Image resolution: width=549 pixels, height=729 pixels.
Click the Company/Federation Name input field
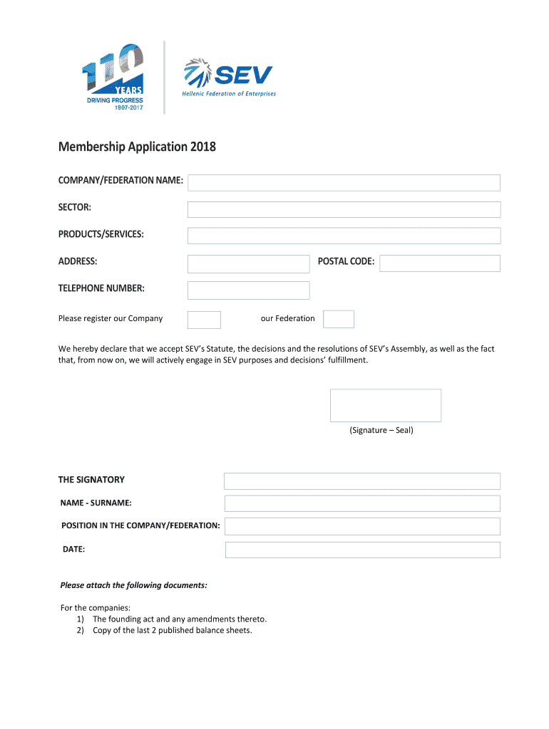344,183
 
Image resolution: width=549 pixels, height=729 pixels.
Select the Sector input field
344,209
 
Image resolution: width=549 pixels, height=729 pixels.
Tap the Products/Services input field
344,236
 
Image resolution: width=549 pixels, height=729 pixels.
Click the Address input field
248,263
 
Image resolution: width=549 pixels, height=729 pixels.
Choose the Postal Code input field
439,263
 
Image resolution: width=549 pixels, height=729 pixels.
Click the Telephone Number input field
248,290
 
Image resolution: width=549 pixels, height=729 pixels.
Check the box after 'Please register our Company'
204,319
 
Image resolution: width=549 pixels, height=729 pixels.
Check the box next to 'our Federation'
338,319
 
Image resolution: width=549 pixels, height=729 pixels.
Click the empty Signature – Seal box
385,405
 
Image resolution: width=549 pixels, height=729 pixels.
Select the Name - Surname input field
362,503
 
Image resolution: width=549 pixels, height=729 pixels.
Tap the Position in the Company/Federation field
362,526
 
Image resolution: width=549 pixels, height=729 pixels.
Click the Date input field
362,550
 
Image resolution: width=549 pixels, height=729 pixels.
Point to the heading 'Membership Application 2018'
137,147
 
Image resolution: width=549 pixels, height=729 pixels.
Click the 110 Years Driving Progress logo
114,78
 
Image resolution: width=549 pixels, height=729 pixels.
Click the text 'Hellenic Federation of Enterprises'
229,94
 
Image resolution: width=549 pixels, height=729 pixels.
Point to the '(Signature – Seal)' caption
381,430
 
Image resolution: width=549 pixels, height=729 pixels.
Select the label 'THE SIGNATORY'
91,480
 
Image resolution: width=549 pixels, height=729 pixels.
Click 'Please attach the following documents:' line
134,585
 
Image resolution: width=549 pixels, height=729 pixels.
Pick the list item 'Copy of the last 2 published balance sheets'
172,630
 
